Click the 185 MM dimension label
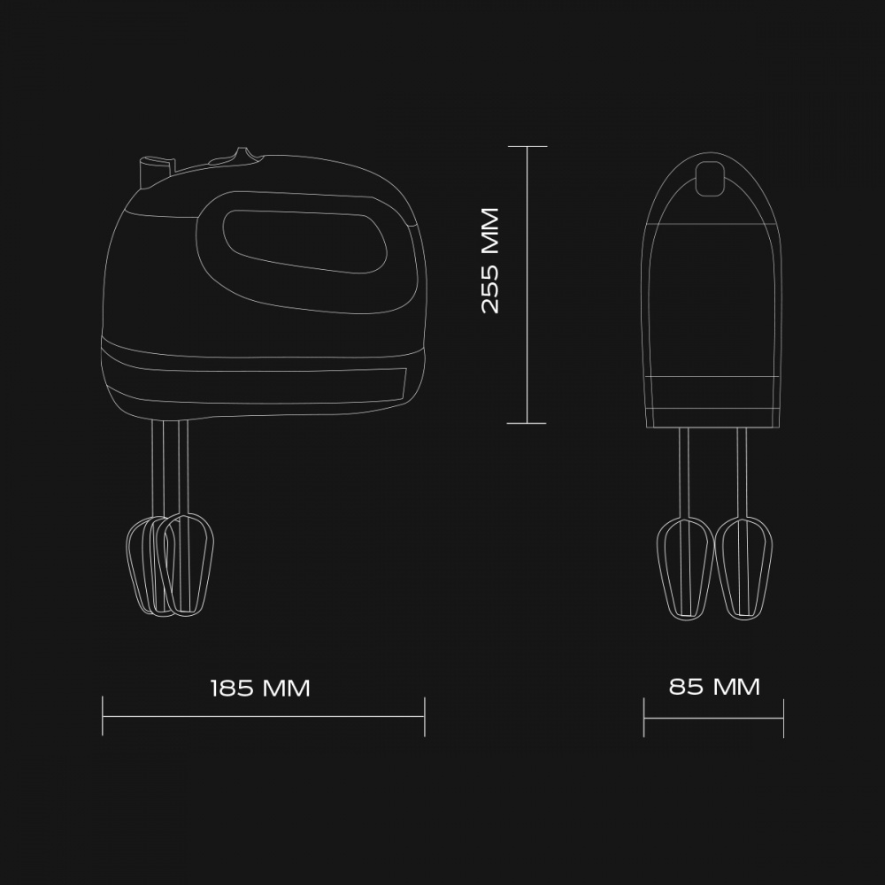pyautogui.click(x=260, y=688)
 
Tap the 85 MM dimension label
pyautogui.click(x=714, y=687)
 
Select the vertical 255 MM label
pyautogui.click(x=490, y=260)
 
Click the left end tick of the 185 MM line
pyautogui.click(x=102, y=716)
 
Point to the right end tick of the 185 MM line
pyautogui.click(x=425, y=716)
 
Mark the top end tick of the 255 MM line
pyautogui.click(x=527, y=146)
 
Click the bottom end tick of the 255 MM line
pyautogui.click(x=527, y=423)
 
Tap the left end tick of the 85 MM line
pyautogui.click(x=644, y=718)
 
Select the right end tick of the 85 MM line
pyautogui.click(x=783, y=718)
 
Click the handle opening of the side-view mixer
pyautogui.click(x=304, y=241)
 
